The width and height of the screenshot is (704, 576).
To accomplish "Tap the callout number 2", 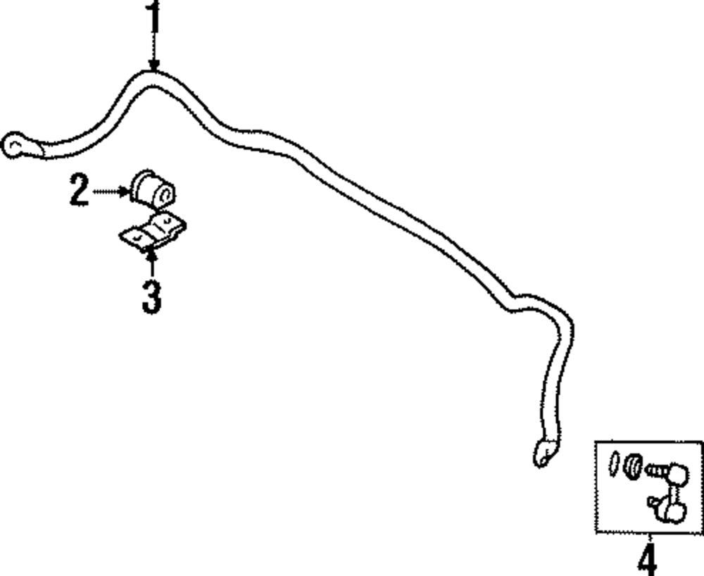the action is (79, 190).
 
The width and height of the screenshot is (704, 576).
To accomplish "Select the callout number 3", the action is (151, 296).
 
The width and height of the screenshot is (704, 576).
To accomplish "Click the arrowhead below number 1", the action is (153, 65).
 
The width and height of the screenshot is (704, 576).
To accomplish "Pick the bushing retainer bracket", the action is (152, 232).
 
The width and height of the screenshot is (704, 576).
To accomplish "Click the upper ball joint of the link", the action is (679, 471).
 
